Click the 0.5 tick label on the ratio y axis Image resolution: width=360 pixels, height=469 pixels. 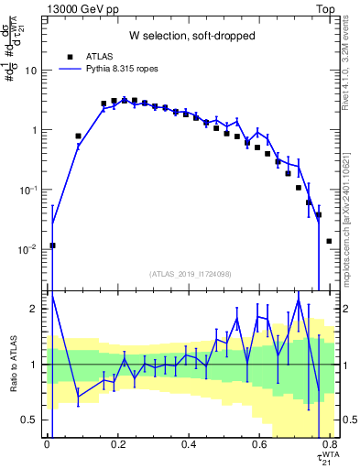click(32, 420)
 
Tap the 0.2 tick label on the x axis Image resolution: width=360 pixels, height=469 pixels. click(117, 446)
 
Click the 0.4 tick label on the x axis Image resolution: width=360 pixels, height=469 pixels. click(189, 446)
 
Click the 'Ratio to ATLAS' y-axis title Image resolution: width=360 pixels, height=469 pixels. click(12, 365)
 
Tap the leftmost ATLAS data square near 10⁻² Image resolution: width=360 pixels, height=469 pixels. click(53, 245)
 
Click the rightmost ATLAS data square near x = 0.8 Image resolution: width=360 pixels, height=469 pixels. click(329, 241)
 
